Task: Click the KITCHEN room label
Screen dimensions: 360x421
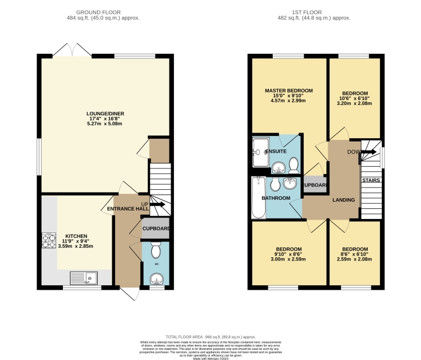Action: [76, 236]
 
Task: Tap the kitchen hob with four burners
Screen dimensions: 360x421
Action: [47, 241]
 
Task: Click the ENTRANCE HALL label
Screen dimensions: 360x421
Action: [128, 209]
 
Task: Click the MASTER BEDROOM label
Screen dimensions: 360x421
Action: [289, 90]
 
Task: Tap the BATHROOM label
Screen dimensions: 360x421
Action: [275, 198]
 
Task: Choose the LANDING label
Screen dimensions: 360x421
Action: [344, 199]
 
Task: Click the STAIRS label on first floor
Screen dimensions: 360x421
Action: [370, 180]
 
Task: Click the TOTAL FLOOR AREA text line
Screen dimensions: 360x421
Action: [211, 335]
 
